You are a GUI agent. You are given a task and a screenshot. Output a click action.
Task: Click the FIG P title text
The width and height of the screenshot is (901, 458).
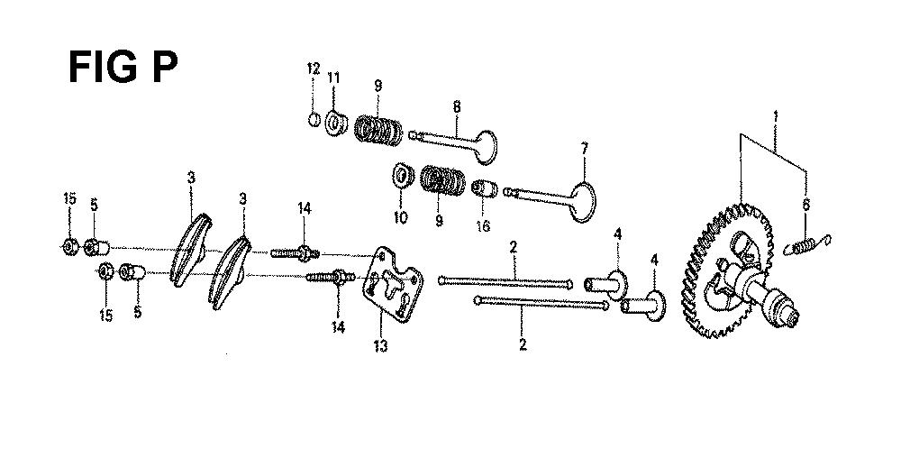tap(123, 68)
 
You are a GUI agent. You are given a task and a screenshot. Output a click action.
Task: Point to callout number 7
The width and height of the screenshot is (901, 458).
tap(584, 149)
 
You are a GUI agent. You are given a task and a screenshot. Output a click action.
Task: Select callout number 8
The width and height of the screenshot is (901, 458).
tap(457, 106)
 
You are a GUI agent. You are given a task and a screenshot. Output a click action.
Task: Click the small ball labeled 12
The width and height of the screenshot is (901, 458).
tap(314, 120)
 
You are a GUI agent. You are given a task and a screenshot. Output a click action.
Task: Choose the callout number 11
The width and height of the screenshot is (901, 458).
tap(334, 77)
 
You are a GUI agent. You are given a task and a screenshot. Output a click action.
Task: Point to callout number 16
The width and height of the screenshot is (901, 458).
tap(483, 225)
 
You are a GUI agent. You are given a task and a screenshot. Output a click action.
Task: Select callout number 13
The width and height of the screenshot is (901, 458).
tap(380, 345)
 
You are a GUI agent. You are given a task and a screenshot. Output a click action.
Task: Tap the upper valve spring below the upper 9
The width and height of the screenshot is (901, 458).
tap(378, 131)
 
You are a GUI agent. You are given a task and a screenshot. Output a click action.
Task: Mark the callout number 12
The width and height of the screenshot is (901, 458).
tap(313, 69)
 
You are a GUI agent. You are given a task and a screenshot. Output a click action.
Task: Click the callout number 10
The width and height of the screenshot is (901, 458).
tap(401, 217)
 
